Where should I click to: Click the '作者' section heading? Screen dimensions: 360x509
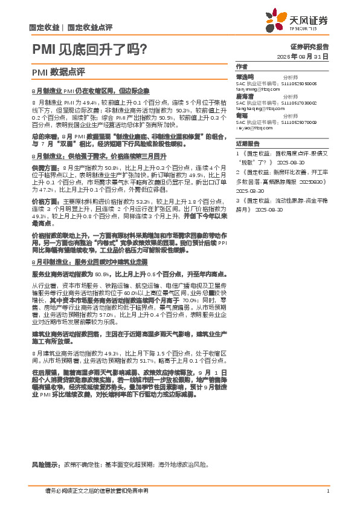click(x=242, y=66)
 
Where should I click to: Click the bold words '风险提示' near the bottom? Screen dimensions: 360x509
click(x=45, y=465)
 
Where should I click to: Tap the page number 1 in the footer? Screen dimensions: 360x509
click(x=327, y=491)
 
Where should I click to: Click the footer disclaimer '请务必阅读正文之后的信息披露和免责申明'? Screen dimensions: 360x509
click(x=97, y=491)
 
